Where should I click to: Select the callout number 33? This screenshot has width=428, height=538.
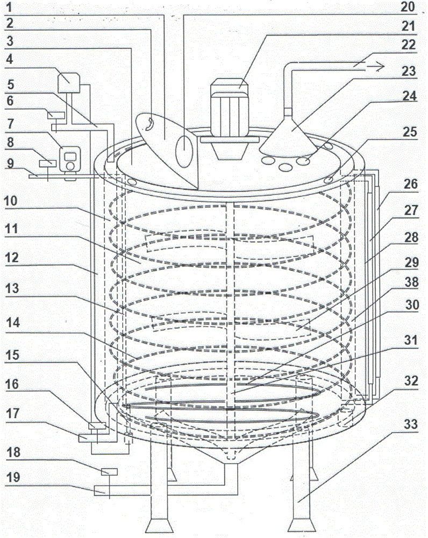410,424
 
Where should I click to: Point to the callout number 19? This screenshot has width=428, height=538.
13,477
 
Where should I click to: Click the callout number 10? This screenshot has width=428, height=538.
11,201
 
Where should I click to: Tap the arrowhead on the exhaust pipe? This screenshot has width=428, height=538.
380,67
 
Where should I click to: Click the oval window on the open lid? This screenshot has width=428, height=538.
184,151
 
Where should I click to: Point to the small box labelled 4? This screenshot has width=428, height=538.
69,82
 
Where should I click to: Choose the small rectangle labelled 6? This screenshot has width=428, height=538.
56,115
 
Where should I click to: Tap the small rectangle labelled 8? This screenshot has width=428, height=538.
47,164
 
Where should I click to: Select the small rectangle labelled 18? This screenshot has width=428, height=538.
109,472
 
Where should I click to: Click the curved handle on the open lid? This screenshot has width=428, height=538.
148,124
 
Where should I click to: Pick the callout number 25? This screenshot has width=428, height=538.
410,132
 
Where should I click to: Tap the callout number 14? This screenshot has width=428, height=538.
13,322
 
